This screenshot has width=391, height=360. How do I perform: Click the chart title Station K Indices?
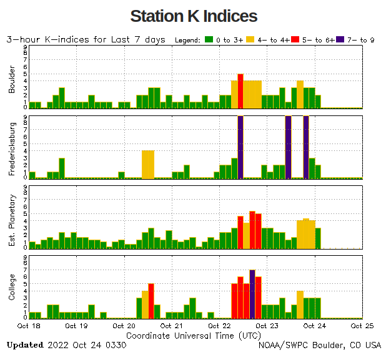click(194, 16)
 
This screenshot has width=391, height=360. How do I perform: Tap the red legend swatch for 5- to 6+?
click(296, 40)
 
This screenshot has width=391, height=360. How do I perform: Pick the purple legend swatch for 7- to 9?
click(340, 40)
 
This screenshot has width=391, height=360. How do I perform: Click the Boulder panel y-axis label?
click(12, 80)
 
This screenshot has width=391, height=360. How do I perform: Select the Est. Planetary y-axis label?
click(12, 219)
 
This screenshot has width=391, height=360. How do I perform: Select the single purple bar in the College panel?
click(252, 293)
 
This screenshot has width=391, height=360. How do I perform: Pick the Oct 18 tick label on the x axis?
click(29, 326)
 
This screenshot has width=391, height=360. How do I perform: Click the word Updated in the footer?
click(25, 345)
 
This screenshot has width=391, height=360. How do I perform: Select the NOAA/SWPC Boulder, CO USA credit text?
click(320, 345)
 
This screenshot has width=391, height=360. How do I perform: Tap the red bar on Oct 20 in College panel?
click(151, 300)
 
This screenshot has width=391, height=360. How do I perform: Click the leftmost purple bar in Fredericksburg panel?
click(240, 147)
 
